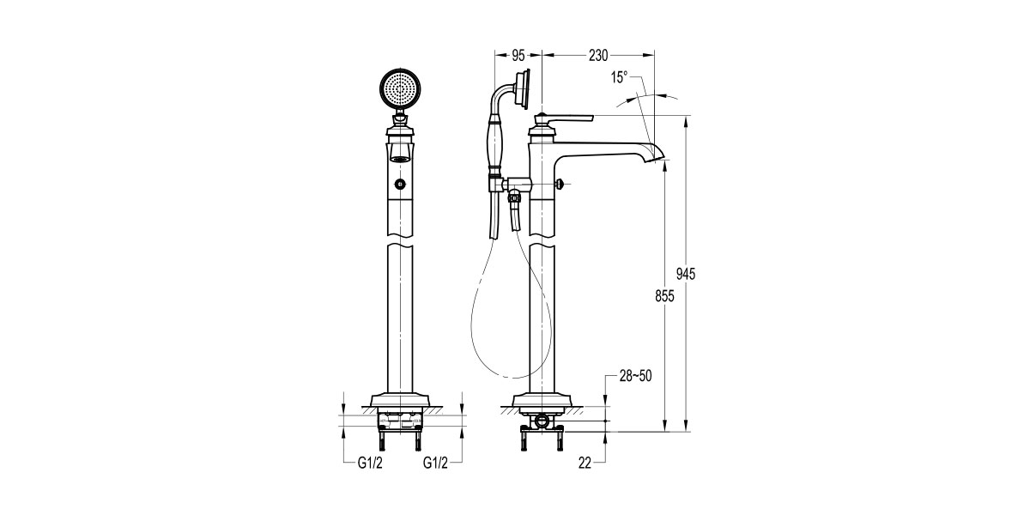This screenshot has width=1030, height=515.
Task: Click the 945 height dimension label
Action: (x=685, y=274)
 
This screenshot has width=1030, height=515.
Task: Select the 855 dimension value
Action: (x=664, y=296)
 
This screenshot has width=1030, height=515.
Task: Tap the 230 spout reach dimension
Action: (x=598, y=55)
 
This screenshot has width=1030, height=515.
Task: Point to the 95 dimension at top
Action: (x=518, y=55)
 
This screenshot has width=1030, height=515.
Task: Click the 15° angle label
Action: (x=620, y=77)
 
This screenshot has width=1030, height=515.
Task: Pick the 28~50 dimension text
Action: (x=636, y=376)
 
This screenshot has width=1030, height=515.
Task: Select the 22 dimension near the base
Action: (x=585, y=463)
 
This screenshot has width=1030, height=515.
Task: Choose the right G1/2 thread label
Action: (x=436, y=463)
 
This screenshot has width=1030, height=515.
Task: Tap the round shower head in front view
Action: (x=401, y=88)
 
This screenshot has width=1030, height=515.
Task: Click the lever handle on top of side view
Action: (x=566, y=117)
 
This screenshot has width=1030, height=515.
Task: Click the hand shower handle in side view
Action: (x=495, y=142)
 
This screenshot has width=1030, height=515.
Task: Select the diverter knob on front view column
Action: (x=401, y=184)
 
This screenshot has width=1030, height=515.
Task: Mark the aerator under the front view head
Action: (x=401, y=157)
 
